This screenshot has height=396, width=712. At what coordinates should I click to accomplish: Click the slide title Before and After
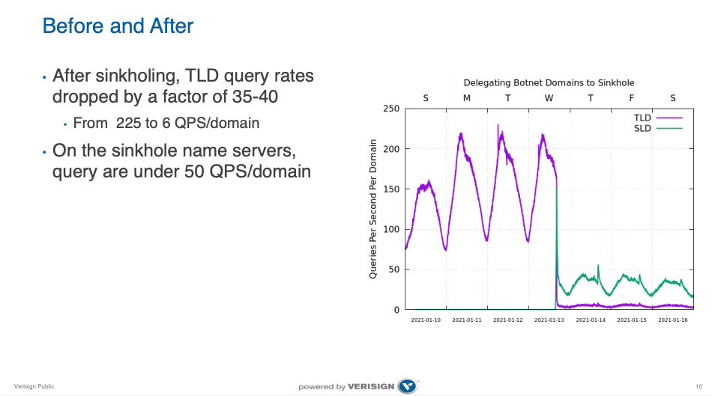pos(118,26)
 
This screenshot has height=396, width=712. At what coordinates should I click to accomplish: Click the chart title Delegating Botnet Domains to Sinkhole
pos(549,83)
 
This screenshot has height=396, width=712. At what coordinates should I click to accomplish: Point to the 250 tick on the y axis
pos(390,109)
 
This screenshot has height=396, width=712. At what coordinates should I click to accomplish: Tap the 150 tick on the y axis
pos(390,189)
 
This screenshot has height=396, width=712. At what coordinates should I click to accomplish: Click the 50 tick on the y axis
pos(393,269)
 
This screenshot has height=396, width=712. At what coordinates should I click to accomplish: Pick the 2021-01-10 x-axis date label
pos(426,320)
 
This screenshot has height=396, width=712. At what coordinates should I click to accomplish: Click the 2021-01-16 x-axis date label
pos(672,320)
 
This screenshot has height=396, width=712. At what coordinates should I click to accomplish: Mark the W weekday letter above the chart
pos(549,98)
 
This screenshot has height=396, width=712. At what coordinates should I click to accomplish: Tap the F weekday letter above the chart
pos(631,98)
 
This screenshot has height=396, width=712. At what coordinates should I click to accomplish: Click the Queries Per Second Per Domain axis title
pos(373,209)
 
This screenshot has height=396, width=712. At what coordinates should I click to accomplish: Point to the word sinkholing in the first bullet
pos(130,76)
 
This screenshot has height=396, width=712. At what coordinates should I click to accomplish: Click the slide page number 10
pos(699,386)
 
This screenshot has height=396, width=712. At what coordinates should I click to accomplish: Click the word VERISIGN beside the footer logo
pos(372,387)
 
